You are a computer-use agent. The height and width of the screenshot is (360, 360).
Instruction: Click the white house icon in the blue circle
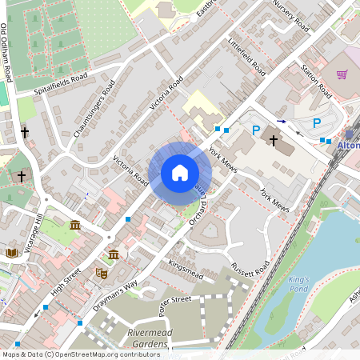coord(180,173)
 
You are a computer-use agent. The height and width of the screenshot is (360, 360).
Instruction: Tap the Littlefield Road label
coord(246,57)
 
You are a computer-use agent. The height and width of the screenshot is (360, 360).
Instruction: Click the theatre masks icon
coord(102,273)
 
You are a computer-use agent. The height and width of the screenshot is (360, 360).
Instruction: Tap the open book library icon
coord(11,254)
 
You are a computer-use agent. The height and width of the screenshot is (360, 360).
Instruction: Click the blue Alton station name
coord(349,146)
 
